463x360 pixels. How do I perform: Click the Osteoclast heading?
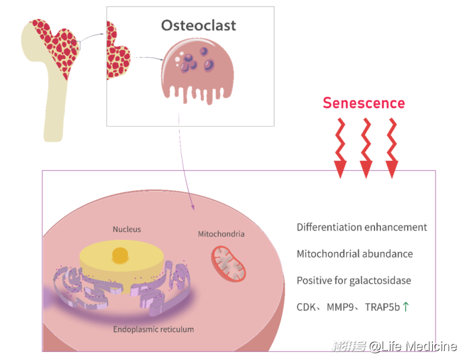(198, 26)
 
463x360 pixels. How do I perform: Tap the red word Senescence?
(364, 103)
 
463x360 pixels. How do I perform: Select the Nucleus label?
(127, 229)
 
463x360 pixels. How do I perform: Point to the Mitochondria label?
(221, 234)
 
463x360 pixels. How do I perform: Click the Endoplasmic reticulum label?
(154, 329)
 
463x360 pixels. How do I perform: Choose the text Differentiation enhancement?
(362, 227)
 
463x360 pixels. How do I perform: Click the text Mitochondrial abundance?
(354, 254)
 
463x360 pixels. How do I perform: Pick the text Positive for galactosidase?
(354, 281)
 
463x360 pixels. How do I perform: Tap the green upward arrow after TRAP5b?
(406, 307)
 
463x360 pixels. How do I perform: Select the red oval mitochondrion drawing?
(229, 263)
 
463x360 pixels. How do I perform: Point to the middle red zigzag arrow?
(366, 148)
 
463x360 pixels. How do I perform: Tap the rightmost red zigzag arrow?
(392, 148)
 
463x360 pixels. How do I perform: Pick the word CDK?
(307, 308)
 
